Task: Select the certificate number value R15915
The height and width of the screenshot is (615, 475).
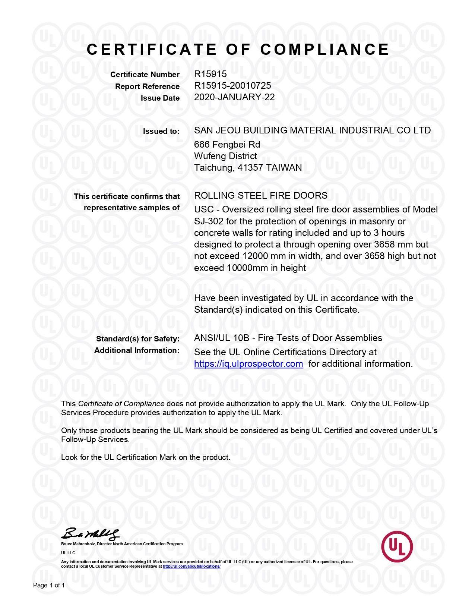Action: coord(210,74)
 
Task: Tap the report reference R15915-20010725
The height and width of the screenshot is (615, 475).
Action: coord(232,86)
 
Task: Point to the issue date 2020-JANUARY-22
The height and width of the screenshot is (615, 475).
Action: coord(234,97)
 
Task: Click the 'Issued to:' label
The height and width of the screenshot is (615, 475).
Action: coord(161,131)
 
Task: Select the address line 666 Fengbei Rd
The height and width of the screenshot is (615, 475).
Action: coord(227,144)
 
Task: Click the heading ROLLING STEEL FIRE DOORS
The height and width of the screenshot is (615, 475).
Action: coord(261,195)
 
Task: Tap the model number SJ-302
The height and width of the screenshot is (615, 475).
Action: coord(209,221)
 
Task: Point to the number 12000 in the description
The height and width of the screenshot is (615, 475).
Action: coord(255,256)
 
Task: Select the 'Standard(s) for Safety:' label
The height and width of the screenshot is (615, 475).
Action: coord(137,339)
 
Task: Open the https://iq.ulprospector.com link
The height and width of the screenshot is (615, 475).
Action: coord(248,364)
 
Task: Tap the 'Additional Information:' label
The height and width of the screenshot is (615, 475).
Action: coord(137,350)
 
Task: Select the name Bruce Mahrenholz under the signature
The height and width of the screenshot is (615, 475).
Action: coord(78,544)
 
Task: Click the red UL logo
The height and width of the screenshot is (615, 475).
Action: coord(397,546)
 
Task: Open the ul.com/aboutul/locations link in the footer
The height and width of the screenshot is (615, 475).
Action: coord(191,566)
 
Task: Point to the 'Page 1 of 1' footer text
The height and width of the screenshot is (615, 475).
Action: coord(49,585)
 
